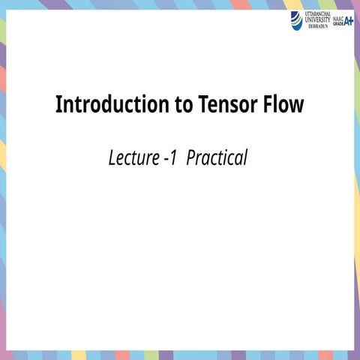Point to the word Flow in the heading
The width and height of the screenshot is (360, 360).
pos(283,104)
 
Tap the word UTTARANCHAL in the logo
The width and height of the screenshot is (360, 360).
pos(318,13)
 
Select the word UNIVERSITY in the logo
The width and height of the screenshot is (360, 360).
pos(318,19)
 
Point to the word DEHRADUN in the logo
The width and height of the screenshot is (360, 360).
pos(318,26)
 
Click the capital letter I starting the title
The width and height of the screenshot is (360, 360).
pos(58,104)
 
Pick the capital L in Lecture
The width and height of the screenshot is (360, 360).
pos(112,159)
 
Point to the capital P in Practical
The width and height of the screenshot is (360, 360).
pos(191,159)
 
